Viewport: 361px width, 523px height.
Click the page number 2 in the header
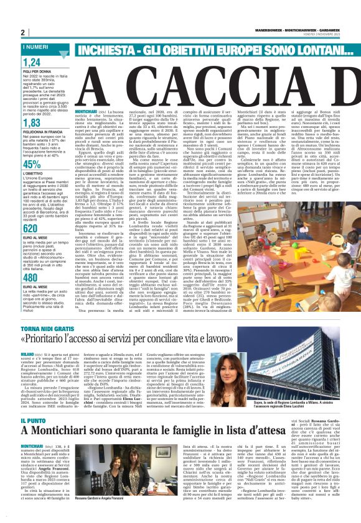[x=23, y=32]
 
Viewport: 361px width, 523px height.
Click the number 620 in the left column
[x=32, y=228]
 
